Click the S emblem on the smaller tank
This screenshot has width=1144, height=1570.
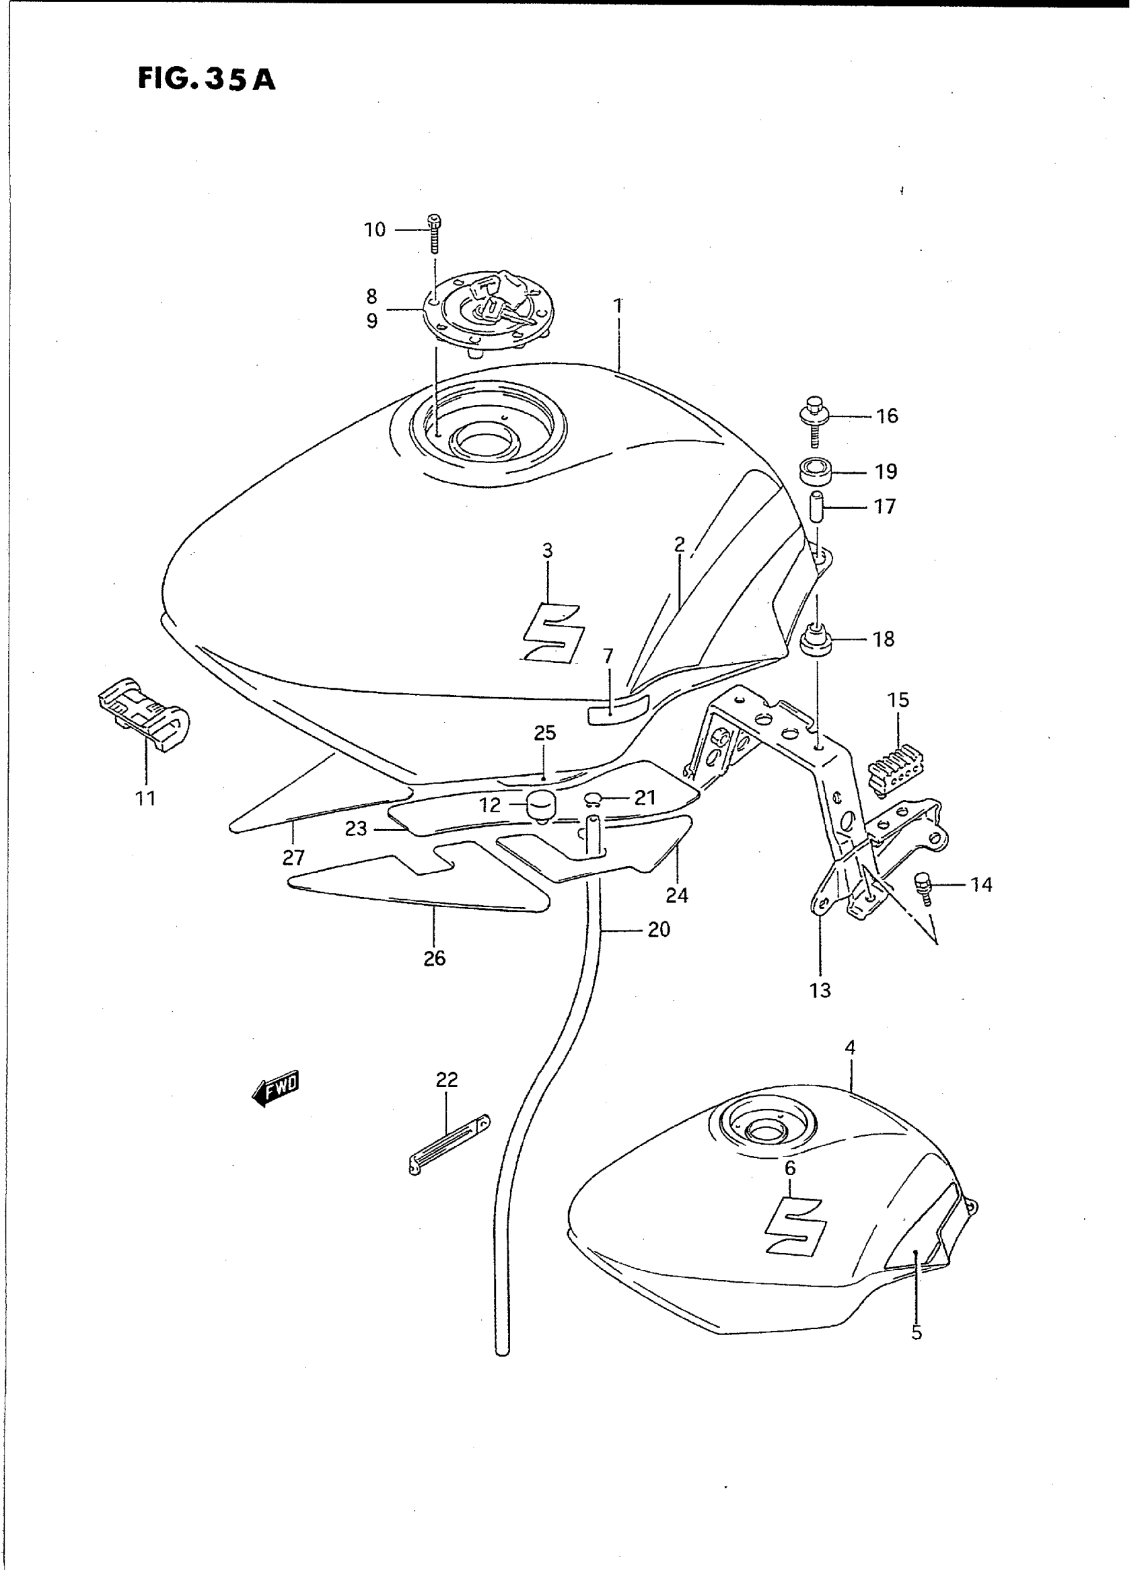pos(796,1222)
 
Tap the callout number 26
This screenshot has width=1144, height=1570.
pos(434,958)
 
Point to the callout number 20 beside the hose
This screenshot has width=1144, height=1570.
pos(659,929)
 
